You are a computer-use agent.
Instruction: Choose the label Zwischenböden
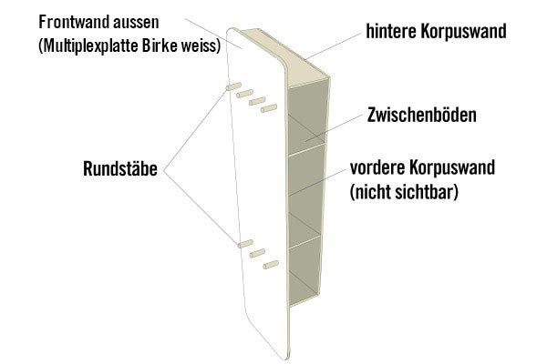(422, 116)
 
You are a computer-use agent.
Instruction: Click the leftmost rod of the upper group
(228, 86)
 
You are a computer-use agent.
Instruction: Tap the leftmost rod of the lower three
(243, 243)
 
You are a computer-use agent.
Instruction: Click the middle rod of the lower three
(257, 253)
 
